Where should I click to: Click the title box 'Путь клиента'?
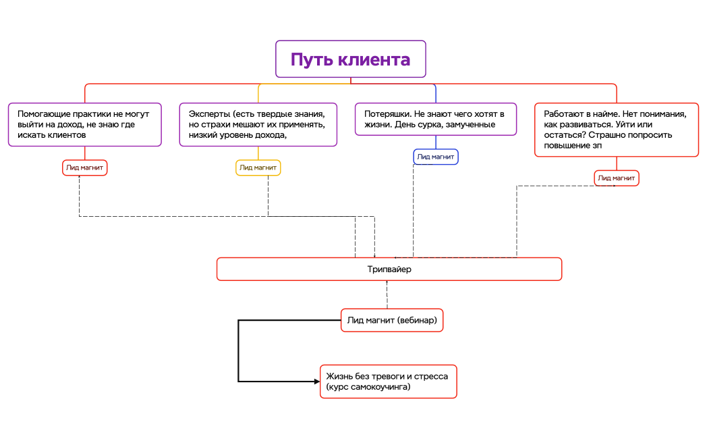[x=350, y=59]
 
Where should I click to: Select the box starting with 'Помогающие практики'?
[x=85, y=124]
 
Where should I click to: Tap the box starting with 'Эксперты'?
[x=258, y=124]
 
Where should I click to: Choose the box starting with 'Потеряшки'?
[x=436, y=119]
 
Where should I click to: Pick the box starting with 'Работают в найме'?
[x=616, y=130]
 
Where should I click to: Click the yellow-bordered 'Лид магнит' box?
[x=258, y=167]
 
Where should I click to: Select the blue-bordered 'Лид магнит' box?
[x=435, y=157]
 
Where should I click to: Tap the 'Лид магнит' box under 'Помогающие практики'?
[x=85, y=167]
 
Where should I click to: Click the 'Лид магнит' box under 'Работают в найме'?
[x=617, y=178]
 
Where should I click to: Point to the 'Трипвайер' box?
[x=389, y=269]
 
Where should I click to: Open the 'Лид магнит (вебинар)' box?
[x=392, y=320]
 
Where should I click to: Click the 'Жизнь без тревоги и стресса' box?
[x=388, y=382]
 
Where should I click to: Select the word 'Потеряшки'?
[x=386, y=114]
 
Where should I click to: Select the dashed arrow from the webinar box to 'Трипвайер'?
[x=387, y=296]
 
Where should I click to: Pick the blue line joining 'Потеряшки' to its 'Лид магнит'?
[x=435, y=143]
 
